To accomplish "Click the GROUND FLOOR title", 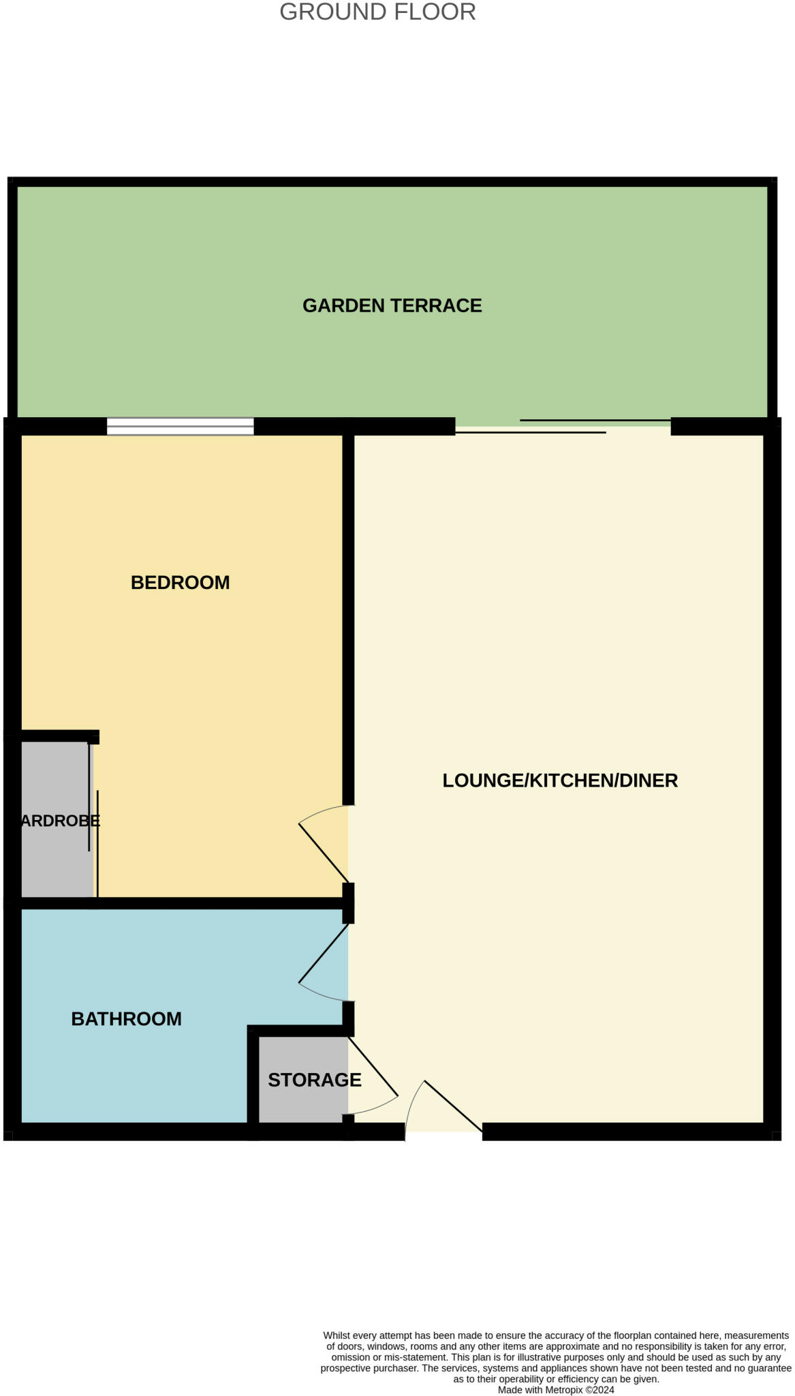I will [377, 12].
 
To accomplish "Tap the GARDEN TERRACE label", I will [392, 305].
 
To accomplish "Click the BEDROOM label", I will [180, 583].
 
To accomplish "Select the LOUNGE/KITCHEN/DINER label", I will [560, 780].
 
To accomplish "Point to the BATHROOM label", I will [126, 1018].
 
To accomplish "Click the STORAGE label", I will [314, 1080].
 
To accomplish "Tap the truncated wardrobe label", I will [60, 821].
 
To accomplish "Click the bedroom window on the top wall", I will [180, 427].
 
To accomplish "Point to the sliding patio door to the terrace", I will [563, 427].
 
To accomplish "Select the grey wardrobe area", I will [54, 866].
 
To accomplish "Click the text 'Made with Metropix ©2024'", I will [556, 1390].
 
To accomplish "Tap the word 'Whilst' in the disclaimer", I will [337, 1335].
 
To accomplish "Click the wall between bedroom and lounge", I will [348, 613].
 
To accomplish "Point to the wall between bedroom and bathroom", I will [184, 903].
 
